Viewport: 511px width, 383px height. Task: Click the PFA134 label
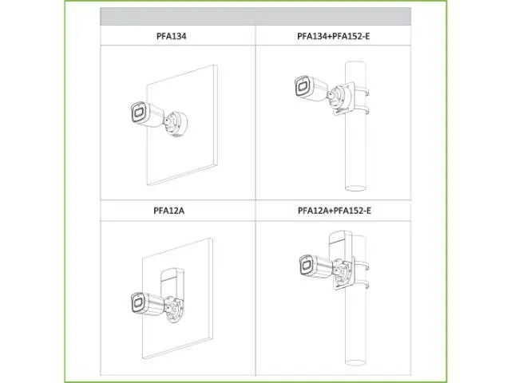click(171, 36)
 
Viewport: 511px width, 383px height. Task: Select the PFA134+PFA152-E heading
click(334, 36)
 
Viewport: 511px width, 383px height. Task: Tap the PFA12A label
click(168, 211)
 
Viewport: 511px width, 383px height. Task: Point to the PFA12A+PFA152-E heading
click(334, 211)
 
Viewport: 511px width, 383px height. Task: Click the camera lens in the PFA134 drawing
click(138, 113)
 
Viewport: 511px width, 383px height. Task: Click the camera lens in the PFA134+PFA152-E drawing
click(303, 86)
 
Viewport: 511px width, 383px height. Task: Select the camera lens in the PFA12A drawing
click(138, 303)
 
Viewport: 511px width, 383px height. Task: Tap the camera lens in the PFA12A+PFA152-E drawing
click(306, 266)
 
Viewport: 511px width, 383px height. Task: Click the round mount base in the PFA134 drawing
click(176, 123)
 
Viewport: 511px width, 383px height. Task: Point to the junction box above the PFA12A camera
click(172, 282)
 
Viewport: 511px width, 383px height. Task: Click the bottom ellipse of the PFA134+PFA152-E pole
click(355, 188)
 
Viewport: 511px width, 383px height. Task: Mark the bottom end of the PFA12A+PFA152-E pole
click(355, 362)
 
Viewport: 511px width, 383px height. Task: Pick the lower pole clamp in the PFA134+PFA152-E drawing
click(362, 109)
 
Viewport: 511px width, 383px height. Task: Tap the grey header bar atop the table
click(255, 16)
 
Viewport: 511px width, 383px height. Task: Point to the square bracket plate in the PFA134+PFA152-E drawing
click(344, 98)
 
